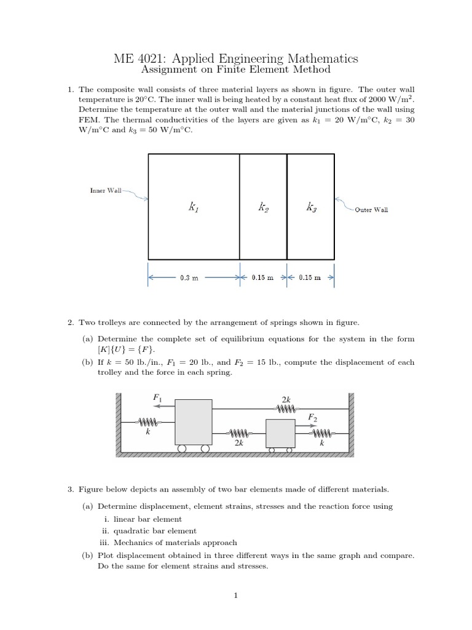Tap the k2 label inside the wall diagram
tap(263, 209)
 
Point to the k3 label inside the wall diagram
tap(311, 209)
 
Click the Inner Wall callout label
tap(106, 191)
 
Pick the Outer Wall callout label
tap(371, 209)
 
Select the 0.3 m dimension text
tap(189, 277)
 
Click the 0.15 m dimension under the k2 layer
tap(262, 277)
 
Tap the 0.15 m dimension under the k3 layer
tap(310, 277)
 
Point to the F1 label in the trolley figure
tap(156, 398)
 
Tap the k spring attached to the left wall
tap(147, 422)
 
